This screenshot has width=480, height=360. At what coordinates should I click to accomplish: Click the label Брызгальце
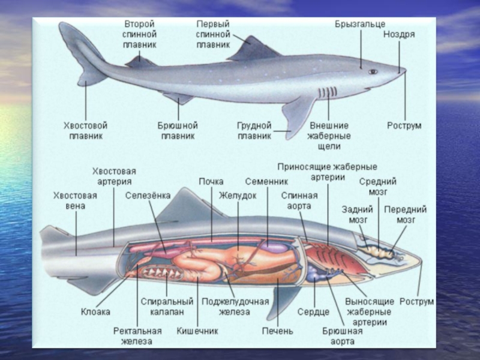[360, 25]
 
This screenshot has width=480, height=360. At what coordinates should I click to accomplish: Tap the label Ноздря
[399, 34]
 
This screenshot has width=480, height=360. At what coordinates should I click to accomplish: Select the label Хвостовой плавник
[85, 131]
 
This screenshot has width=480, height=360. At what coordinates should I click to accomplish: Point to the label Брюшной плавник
[178, 131]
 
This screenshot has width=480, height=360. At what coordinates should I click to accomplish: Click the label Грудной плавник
[254, 131]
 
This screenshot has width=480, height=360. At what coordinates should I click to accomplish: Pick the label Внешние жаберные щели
[329, 136]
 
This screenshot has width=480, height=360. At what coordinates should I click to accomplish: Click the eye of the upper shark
[373, 71]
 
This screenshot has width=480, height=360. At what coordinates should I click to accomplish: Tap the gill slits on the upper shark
[326, 93]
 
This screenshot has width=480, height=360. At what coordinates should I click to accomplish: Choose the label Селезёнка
[148, 196]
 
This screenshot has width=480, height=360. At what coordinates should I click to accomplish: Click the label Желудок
[238, 196]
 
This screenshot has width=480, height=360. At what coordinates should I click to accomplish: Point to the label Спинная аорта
[296, 200]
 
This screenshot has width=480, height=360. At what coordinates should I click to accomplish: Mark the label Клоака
[95, 311]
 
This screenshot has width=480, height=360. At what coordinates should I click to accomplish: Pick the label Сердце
[313, 311]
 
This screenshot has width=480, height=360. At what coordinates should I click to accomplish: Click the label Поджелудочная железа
[235, 306]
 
